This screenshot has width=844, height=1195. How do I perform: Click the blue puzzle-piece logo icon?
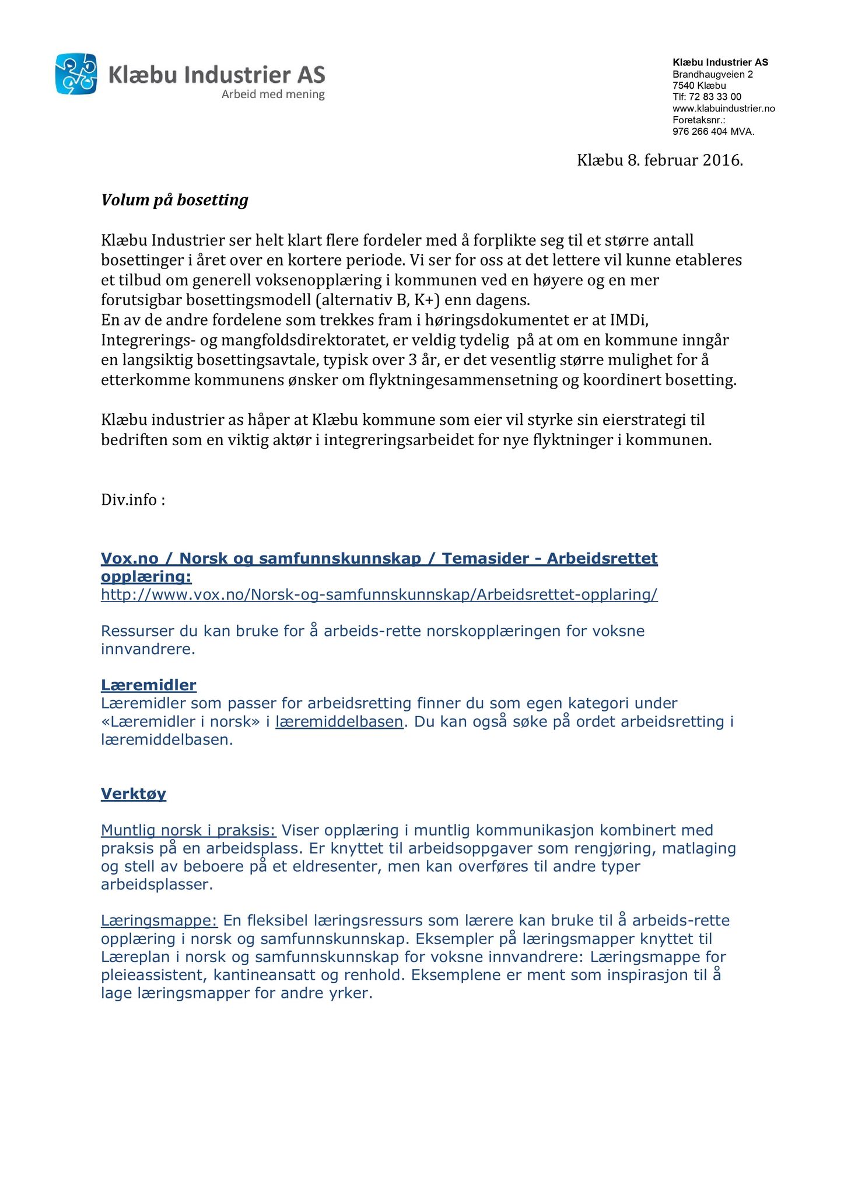pos(76,74)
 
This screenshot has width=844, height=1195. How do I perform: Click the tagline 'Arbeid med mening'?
pos(273,95)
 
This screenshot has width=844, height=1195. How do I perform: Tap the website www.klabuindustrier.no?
pos(723,109)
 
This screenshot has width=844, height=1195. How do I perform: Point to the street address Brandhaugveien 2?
pos(712,74)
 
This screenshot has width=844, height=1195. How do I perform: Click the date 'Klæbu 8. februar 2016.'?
pos(660,160)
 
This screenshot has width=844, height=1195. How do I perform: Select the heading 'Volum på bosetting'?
pos(174,200)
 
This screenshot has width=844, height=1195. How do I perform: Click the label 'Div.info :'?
pos(133,500)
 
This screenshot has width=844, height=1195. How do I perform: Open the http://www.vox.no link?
pos(379,595)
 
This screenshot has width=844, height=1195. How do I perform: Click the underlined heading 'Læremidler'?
pos(148,685)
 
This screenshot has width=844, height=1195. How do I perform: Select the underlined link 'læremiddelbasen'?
pos(339,722)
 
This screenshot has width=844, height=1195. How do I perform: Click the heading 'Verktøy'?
pos(133,794)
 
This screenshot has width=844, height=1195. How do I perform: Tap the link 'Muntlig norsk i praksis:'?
pos(188,830)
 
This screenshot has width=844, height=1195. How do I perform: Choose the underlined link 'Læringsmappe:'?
pos(159,921)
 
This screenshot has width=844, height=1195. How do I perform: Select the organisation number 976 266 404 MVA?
pos(713,132)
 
